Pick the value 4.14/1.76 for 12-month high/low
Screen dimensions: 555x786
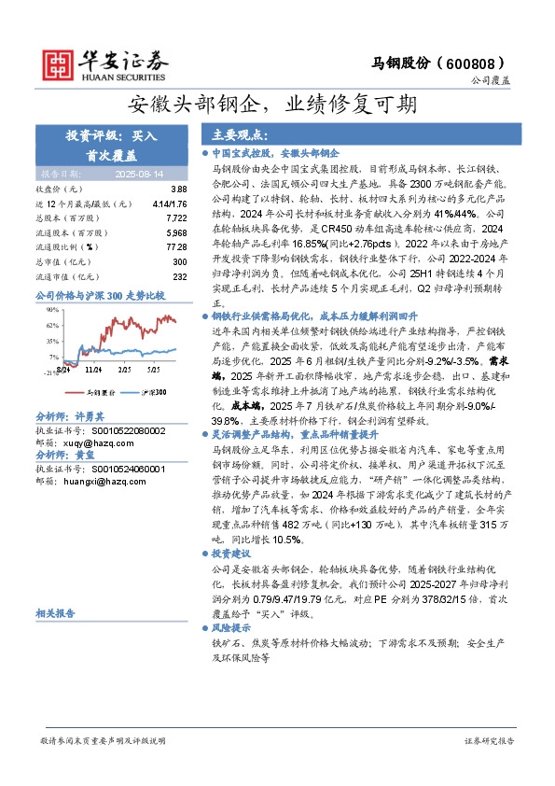169,203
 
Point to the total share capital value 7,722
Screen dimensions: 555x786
176,217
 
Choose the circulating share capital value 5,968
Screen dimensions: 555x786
176,232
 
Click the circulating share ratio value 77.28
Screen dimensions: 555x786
176,246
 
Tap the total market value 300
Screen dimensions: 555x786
180,261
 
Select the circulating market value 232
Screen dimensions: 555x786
180,276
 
